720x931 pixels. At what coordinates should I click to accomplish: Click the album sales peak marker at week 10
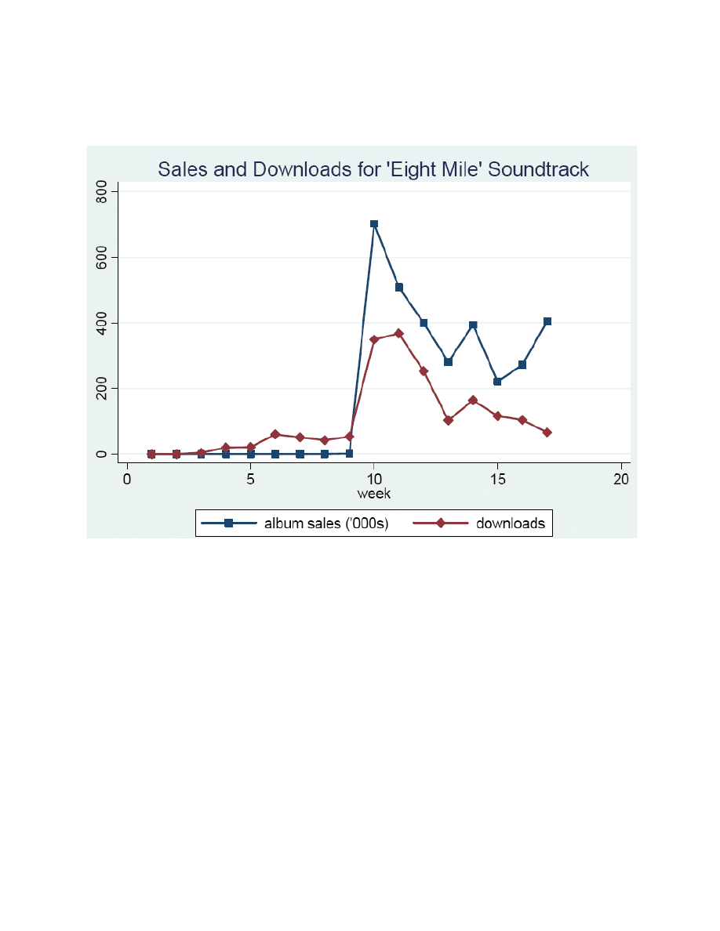pyautogui.click(x=374, y=224)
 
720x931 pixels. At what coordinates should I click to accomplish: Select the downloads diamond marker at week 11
pyautogui.click(x=398, y=333)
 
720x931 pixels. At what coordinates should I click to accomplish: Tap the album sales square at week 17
pyautogui.click(x=547, y=321)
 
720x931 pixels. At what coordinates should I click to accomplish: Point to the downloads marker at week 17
pyautogui.click(x=547, y=433)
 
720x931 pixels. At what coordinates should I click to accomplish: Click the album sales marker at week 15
pyautogui.click(x=497, y=382)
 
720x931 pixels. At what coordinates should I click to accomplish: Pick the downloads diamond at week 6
pyautogui.click(x=275, y=434)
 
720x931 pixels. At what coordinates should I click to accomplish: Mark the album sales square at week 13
pyautogui.click(x=448, y=362)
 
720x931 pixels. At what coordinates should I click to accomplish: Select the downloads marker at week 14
pyautogui.click(x=473, y=400)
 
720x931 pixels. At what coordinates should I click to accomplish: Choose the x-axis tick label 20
pyautogui.click(x=621, y=480)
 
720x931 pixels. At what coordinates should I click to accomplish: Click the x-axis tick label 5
pyautogui.click(x=250, y=480)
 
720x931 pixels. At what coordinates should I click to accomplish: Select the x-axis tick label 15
pyautogui.click(x=497, y=480)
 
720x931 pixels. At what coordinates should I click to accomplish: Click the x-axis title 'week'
pyautogui.click(x=373, y=494)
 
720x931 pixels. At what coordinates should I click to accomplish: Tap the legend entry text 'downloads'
pyautogui.click(x=510, y=523)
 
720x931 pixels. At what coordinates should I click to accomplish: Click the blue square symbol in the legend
pyautogui.click(x=228, y=523)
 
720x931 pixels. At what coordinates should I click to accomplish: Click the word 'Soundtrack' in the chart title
pyautogui.click(x=537, y=169)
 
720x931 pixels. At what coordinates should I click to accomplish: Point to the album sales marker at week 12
pyautogui.click(x=424, y=323)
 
